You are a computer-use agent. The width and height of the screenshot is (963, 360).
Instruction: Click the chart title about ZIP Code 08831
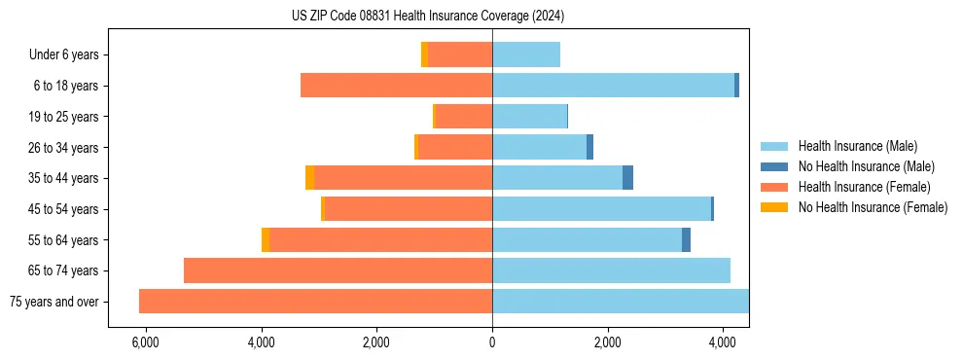(428, 17)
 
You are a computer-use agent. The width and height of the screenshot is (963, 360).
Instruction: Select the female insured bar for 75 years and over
(315, 301)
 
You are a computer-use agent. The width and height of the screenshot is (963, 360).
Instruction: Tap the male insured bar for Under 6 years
(526, 54)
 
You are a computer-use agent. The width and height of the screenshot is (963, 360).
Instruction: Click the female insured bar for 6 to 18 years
(396, 86)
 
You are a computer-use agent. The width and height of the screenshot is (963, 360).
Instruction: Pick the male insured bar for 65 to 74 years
(611, 270)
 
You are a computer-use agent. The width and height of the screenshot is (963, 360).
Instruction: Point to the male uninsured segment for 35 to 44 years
(627, 178)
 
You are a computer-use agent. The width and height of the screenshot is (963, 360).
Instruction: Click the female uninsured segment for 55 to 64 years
(266, 239)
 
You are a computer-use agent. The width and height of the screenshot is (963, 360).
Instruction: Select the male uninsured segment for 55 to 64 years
(686, 239)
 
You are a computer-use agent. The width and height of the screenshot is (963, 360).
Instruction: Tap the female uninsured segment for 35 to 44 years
(309, 178)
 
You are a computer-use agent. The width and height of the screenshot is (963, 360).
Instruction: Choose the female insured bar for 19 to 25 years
(463, 117)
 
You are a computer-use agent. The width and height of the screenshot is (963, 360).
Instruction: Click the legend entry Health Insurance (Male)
(857, 146)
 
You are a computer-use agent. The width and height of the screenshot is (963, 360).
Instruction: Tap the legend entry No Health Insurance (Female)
(873, 207)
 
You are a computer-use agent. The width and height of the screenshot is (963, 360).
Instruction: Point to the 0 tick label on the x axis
(492, 342)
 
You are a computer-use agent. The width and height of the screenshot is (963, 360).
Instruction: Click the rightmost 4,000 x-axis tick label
(722, 342)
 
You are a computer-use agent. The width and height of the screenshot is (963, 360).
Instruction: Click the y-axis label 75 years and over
(54, 302)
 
